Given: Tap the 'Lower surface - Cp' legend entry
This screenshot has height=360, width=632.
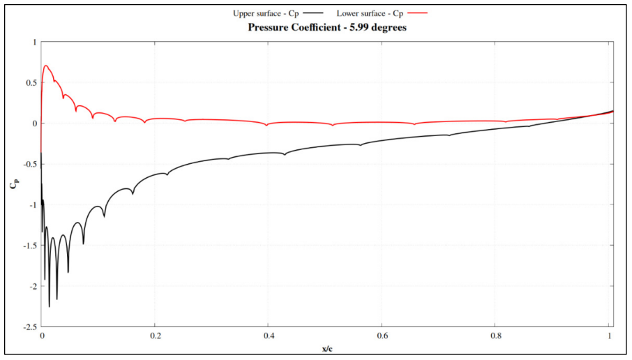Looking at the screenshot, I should click(x=369, y=13).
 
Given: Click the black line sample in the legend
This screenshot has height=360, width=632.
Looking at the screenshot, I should click(x=313, y=13).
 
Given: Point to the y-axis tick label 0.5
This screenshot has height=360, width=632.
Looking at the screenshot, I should click(x=29, y=82).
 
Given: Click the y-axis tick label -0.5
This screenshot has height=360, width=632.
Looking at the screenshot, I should click(x=27, y=164).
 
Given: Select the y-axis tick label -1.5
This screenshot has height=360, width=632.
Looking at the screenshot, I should click(x=27, y=246).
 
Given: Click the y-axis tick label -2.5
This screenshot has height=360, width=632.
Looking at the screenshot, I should click(x=27, y=327).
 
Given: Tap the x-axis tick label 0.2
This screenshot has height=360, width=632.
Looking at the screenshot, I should click(x=155, y=336).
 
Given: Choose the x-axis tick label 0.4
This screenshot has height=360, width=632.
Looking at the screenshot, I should click(x=269, y=336).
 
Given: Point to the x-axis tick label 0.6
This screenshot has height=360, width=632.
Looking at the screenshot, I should click(x=382, y=336).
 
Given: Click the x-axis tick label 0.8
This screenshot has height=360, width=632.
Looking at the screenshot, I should click(x=495, y=336).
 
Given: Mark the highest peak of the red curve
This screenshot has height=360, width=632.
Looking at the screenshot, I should click(x=46, y=66).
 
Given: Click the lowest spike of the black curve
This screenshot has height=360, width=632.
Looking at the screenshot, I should click(x=50, y=306).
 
